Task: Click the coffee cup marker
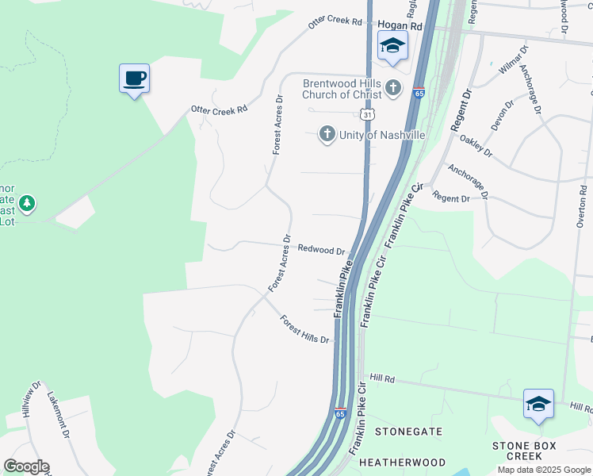pos(134,79)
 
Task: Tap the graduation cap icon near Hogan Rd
pos(392,45)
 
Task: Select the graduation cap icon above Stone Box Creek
pos(538,404)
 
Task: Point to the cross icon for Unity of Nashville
pos(327,135)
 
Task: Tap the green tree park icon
pos(28,204)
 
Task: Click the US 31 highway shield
pos(366,115)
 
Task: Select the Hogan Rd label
pos(400,26)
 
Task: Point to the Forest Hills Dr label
pos(304,329)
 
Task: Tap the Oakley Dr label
pos(476,146)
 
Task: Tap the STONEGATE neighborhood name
pos(408,432)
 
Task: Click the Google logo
pos(26,466)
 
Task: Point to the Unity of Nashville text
pos(382,135)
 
